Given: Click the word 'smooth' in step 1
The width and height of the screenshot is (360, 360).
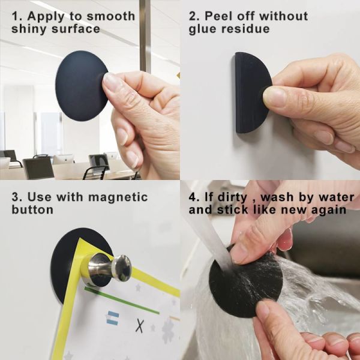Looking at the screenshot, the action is [x=111, y=16].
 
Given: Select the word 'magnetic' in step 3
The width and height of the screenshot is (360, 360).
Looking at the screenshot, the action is [x=118, y=197].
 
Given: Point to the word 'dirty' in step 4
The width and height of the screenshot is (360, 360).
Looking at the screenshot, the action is [x=232, y=197].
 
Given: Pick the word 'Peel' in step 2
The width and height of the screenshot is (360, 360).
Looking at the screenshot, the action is [x=218, y=16].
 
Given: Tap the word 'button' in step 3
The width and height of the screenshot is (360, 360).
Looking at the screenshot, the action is [x=32, y=209].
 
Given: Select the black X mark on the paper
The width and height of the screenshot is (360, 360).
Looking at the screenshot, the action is [x=140, y=325].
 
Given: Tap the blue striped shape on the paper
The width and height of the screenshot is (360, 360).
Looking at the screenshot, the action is [x=113, y=318].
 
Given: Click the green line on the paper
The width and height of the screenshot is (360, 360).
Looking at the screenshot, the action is [x=122, y=301].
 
